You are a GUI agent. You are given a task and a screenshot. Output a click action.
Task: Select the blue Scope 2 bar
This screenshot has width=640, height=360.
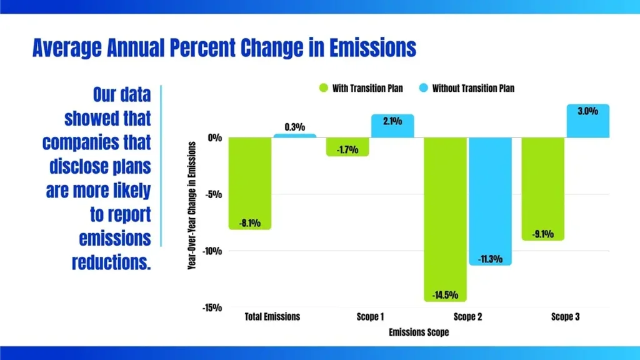(x=490, y=201)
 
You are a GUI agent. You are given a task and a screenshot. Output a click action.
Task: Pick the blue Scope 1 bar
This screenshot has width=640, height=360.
(x=392, y=126)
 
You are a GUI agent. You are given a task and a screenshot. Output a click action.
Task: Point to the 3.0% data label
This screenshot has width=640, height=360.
(x=587, y=112)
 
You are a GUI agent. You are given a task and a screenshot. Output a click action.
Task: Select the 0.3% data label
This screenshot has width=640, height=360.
(x=294, y=127)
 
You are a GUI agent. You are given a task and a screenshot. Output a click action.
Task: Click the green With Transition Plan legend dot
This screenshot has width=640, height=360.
(x=323, y=88)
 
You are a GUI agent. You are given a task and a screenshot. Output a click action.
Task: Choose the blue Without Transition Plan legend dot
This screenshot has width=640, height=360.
(x=423, y=88)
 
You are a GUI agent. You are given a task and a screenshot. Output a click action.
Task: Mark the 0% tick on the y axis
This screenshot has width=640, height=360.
(x=214, y=137)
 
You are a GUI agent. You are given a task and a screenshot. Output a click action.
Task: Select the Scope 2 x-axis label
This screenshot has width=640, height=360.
(x=467, y=317)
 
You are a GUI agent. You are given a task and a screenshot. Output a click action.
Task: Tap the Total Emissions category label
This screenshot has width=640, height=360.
(x=272, y=317)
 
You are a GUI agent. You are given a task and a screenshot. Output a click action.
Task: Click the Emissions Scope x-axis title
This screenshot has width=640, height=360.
(x=418, y=332)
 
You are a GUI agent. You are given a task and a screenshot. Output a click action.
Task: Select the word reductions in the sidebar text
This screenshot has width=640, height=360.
(x=111, y=262)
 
